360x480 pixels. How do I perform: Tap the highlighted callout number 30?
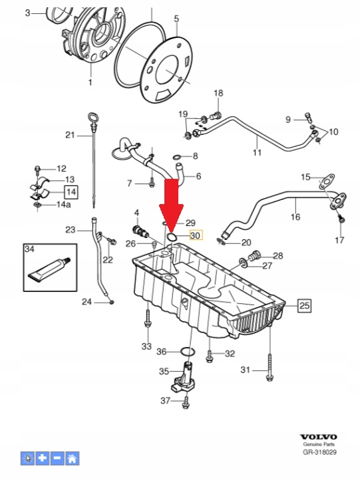pos(196,235)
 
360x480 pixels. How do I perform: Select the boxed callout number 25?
pos(304,306)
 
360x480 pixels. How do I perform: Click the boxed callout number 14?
pos(71,192)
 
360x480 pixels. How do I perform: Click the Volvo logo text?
pos(318,437)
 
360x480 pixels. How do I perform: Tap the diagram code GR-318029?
pos(319,452)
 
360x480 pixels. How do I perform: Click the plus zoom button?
pos(43,458)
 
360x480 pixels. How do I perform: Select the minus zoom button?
pos(57,458)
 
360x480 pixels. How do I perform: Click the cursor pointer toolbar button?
pos(28,458)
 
